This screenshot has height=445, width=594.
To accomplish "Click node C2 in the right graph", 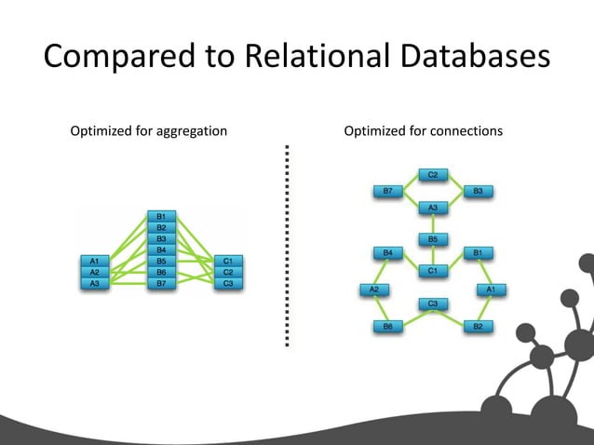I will (433, 174).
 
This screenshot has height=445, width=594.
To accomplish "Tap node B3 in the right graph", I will (478, 191).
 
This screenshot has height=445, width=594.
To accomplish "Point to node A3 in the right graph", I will (433, 207).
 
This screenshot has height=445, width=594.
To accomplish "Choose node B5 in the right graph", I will (433, 239).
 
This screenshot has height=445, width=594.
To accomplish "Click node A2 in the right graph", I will (374, 290).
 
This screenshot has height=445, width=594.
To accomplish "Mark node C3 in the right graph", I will (433, 303).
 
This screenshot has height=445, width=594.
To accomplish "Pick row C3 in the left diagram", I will (228, 282).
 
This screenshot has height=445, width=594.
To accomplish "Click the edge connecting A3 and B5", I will (433, 223).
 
